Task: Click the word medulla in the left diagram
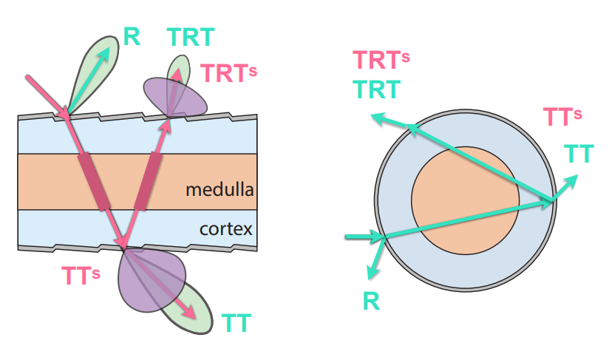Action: point(220,190)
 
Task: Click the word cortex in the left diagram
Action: point(226,229)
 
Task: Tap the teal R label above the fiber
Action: point(132,37)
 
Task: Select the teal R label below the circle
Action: point(371,301)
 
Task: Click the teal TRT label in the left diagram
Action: point(191,37)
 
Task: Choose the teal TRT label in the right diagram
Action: point(377,89)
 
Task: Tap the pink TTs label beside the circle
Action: point(562,117)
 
